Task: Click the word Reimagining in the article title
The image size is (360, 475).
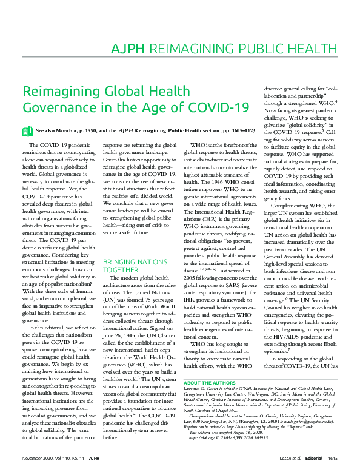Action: coord(56,92)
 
